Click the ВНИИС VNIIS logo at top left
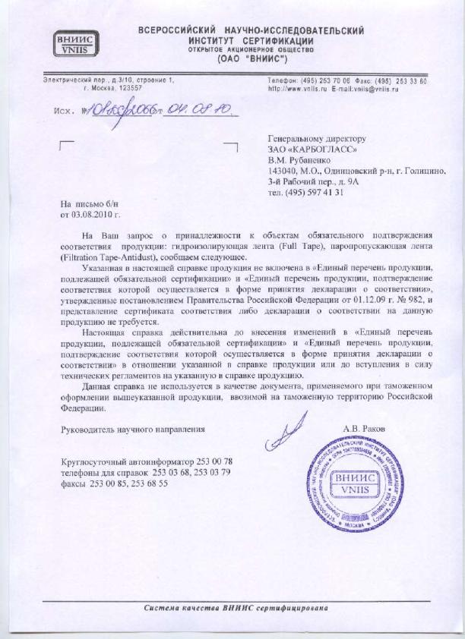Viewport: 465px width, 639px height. tap(75, 42)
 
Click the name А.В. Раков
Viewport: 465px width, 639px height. tap(364, 429)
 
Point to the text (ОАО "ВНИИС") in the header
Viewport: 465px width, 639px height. tap(251, 58)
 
